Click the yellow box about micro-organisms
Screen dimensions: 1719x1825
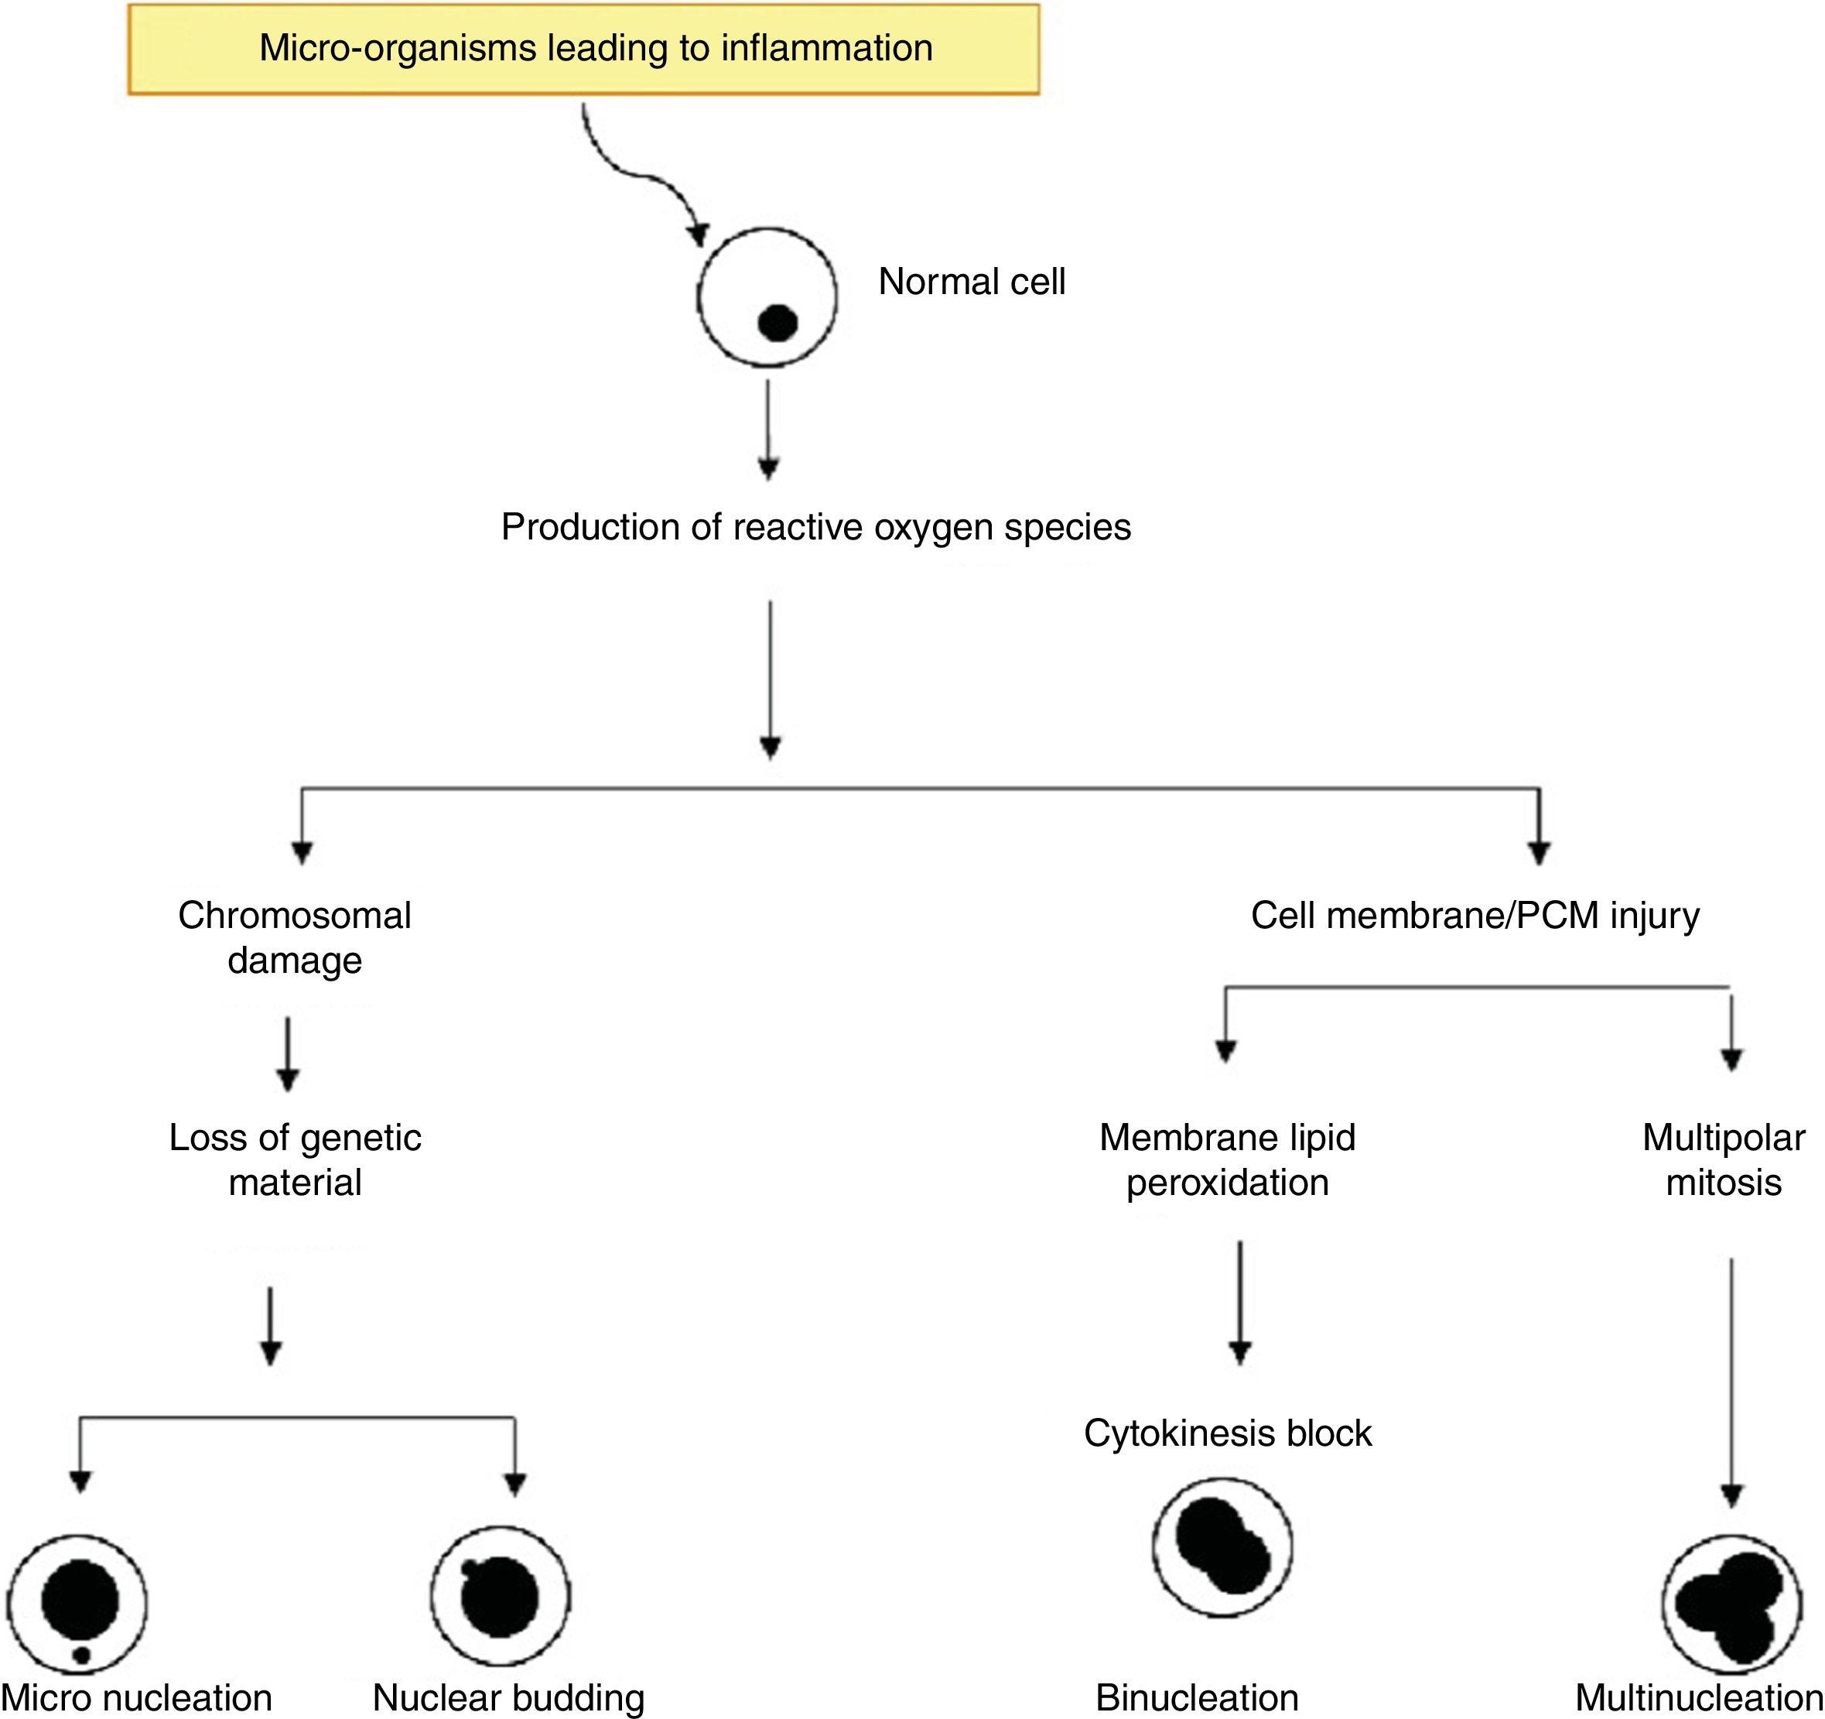click(x=584, y=49)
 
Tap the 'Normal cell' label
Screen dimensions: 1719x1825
click(x=971, y=282)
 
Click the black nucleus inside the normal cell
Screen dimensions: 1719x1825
click(x=778, y=322)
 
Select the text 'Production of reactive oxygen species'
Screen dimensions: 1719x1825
click(x=815, y=527)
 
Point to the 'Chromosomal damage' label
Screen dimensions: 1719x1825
click(x=295, y=937)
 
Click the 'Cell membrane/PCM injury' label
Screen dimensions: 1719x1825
click(x=1475, y=916)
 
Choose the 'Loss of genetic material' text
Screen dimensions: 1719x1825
click(x=295, y=1159)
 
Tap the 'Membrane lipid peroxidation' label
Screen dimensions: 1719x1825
click(x=1228, y=1159)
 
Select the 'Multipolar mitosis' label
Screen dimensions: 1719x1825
click(x=1723, y=1159)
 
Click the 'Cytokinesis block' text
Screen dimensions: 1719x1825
click(x=1228, y=1433)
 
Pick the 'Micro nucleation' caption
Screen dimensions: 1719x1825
click(x=137, y=1698)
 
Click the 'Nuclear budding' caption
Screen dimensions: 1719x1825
click(x=508, y=1698)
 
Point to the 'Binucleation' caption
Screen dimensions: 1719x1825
click(x=1197, y=1698)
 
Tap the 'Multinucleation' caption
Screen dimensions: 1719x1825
click(x=1698, y=1698)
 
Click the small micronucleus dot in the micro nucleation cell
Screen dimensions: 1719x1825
click(x=82, y=1656)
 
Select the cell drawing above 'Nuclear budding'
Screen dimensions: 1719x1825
click(x=501, y=1597)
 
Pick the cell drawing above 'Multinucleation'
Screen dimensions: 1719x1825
click(x=1731, y=1604)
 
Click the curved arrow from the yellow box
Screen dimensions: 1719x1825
click(x=643, y=174)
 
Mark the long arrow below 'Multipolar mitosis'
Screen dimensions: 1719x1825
click(x=1731, y=1378)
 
